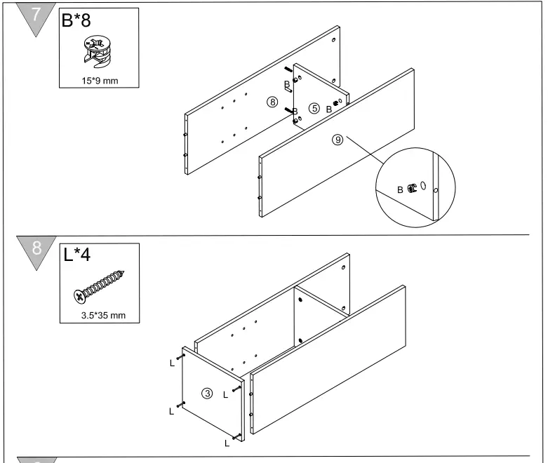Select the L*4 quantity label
[77, 254]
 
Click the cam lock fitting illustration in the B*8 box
[97, 53]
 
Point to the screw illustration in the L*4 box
[99, 286]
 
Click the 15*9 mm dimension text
[100, 81]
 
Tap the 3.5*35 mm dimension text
[103, 315]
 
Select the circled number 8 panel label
[272, 102]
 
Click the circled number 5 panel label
[314, 108]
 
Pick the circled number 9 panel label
[338, 140]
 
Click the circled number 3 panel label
[207, 393]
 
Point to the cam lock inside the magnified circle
[413, 188]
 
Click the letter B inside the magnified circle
[401, 189]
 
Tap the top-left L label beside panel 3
[172, 363]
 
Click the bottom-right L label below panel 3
[226, 443]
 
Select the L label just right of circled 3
[225, 395]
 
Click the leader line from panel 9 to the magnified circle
[365, 156]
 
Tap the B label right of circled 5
[328, 109]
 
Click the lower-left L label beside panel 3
[171, 412]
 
